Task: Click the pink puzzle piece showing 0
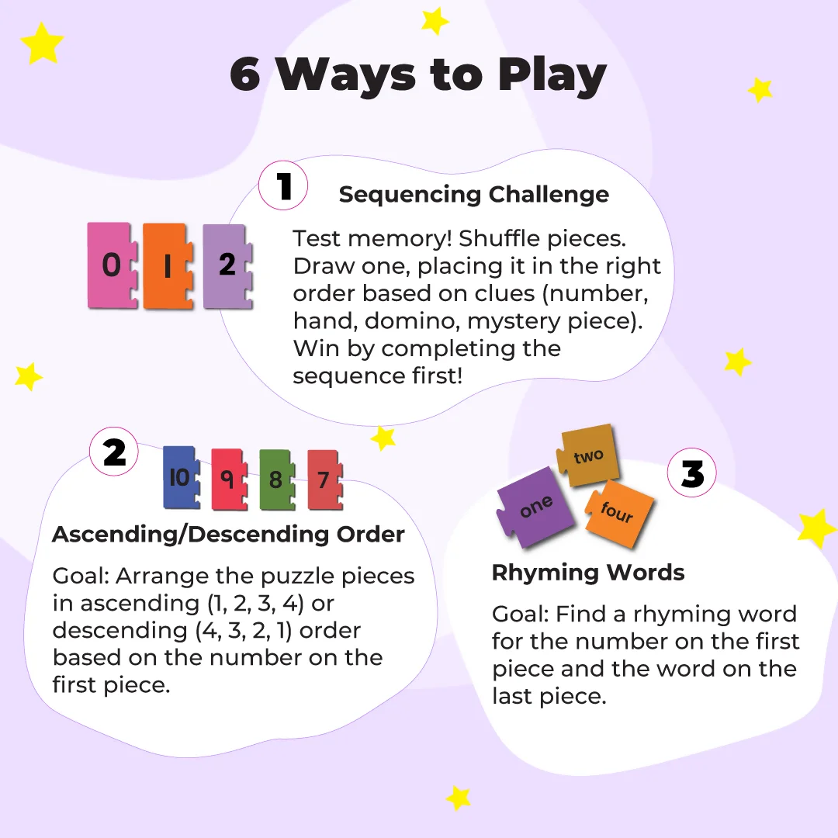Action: [112, 265]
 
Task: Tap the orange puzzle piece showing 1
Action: [168, 265]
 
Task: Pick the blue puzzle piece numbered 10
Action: [181, 476]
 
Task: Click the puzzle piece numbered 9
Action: [229, 480]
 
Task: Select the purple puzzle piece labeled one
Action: [535, 507]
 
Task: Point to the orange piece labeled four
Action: [619, 513]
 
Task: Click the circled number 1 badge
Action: [283, 185]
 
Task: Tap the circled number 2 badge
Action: [114, 452]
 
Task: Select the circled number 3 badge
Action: [692, 473]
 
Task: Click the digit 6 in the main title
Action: [245, 74]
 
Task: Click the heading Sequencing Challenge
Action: [474, 194]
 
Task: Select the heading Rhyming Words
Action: [588, 573]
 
